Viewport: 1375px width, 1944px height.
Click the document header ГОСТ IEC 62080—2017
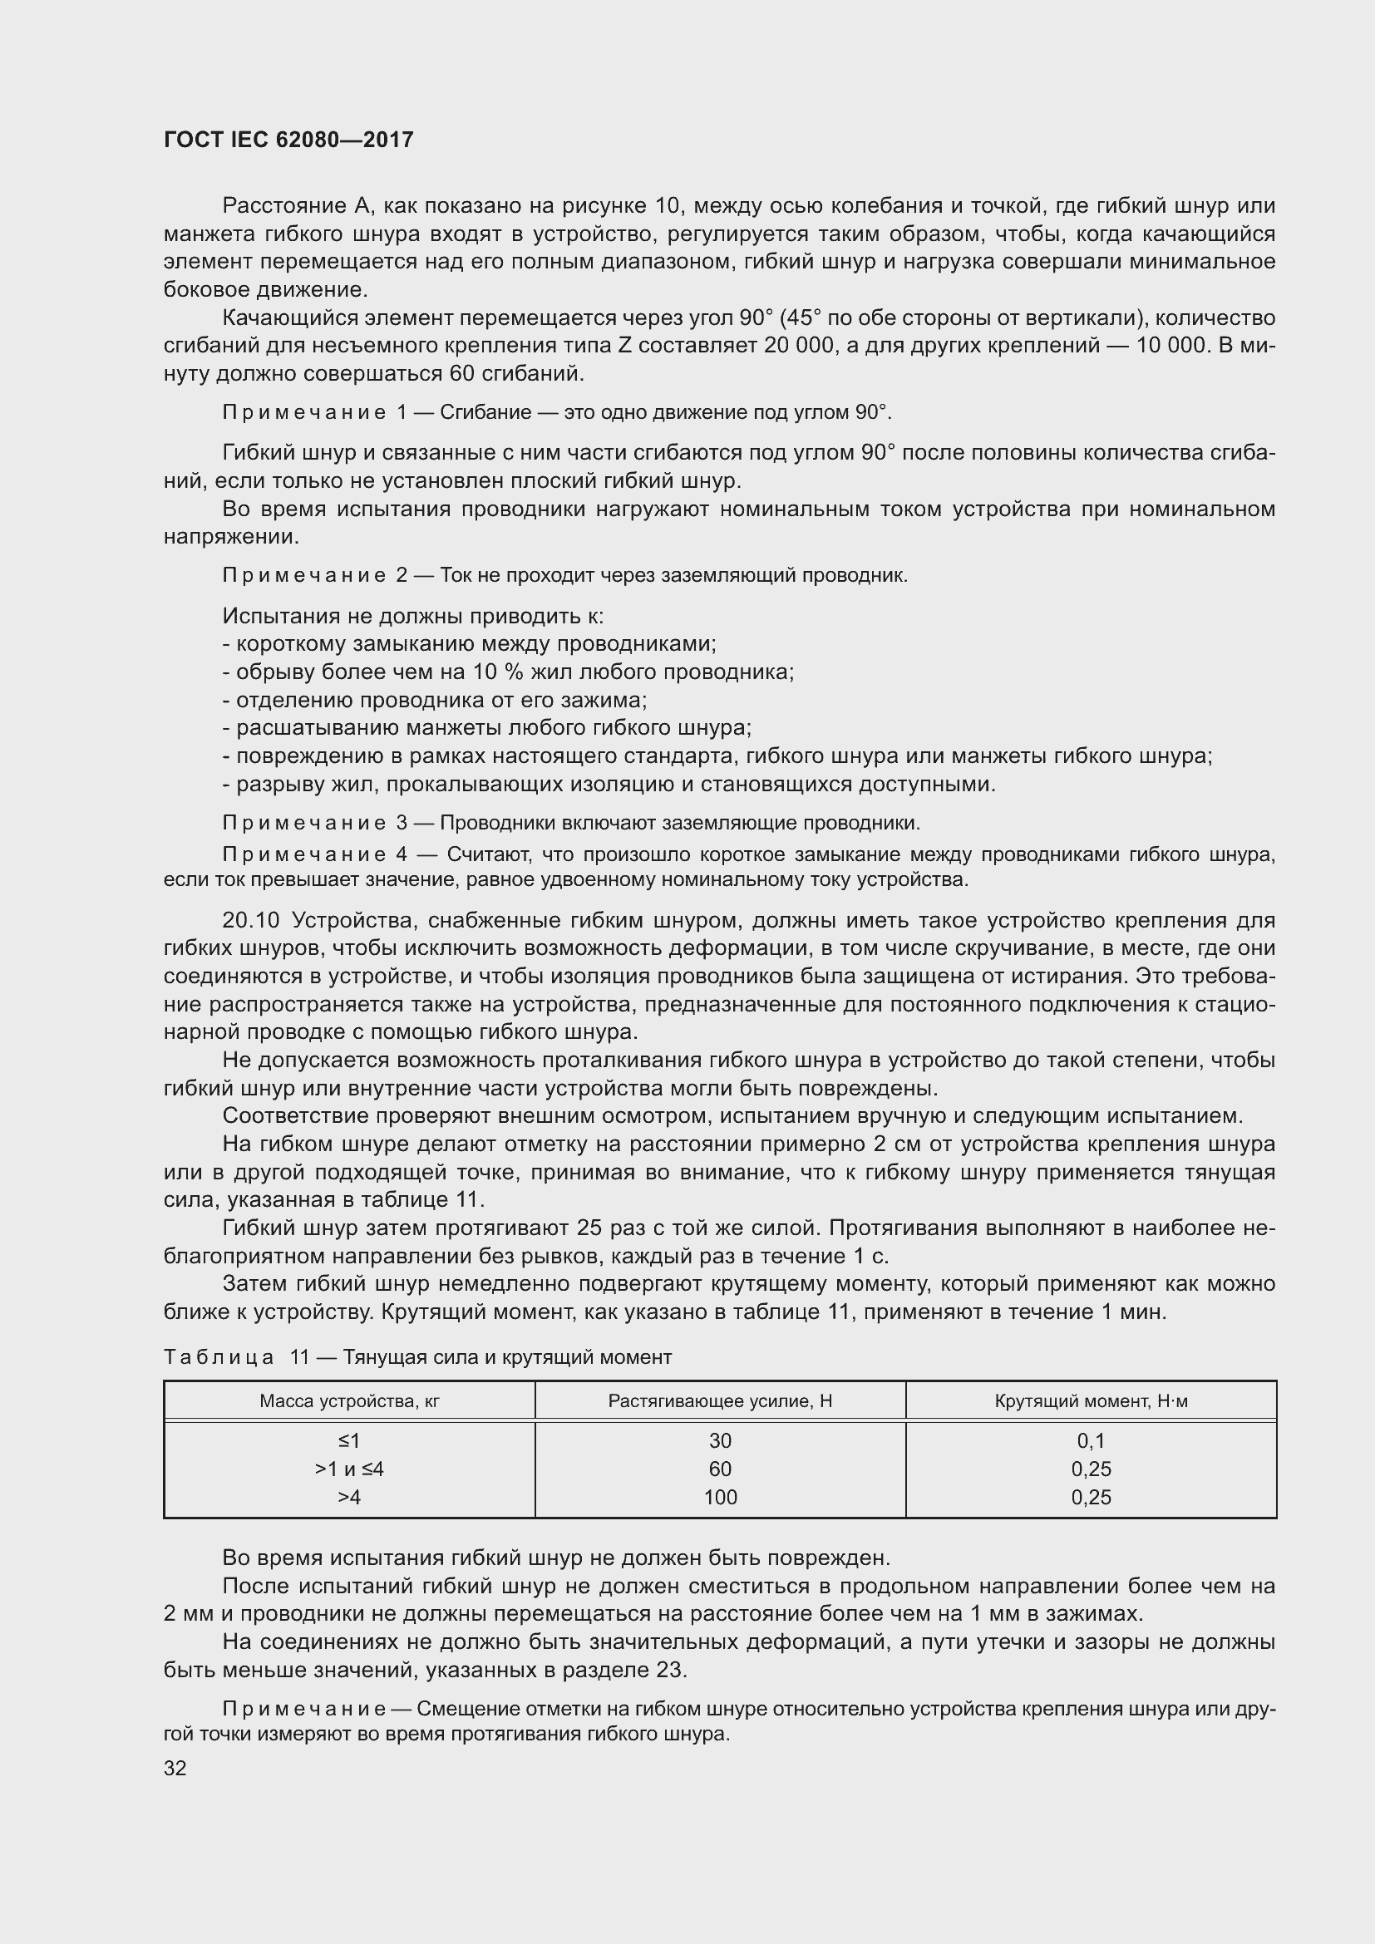pyautogui.click(x=288, y=140)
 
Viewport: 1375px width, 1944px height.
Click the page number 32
pyautogui.click(x=175, y=1768)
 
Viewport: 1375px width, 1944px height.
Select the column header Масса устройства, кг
pyautogui.click(x=349, y=1401)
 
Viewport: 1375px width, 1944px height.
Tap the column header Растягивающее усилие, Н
pyautogui.click(x=720, y=1401)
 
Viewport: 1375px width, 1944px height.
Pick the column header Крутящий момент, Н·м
pyautogui.click(x=1091, y=1401)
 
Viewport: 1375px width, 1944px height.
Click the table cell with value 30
pyautogui.click(x=720, y=1441)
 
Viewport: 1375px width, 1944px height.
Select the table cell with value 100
pyautogui.click(x=720, y=1497)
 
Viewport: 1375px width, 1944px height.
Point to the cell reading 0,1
pyautogui.click(x=1091, y=1441)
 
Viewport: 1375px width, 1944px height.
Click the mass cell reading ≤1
pyautogui.click(x=349, y=1441)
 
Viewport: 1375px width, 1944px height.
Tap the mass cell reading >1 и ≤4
pyautogui.click(x=349, y=1469)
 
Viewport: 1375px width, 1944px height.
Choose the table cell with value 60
pyautogui.click(x=720, y=1469)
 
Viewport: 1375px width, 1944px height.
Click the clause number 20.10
pyautogui.click(x=250, y=920)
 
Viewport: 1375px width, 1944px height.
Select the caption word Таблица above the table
pyautogui.click(x=219, y=1358)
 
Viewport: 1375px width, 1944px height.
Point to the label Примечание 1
pyautogui.click(x=315, y=412)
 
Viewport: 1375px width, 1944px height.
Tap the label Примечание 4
pyautogui.click(x=315, y=854)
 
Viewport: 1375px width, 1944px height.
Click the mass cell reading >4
pyautogui.click(x=349, y=1497)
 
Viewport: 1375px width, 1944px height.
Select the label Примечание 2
pyautogui.click(x=315, y=576)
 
